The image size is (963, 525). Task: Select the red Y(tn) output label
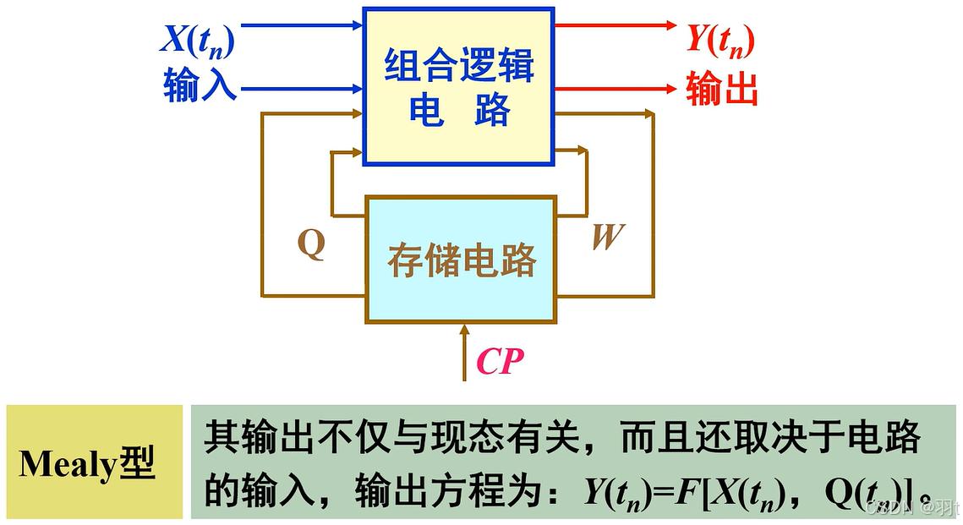(x=720, y=39)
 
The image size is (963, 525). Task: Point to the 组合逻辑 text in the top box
(x=459, y=66)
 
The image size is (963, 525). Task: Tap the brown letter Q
(x=311, y=245)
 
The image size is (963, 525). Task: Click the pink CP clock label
(x=500, y=362)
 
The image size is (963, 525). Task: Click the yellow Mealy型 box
(x=94, y=462)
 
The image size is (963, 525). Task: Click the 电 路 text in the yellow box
(x=459, y=111)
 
